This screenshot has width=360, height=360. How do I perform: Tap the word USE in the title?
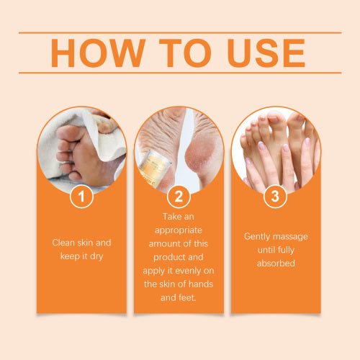(266, 53)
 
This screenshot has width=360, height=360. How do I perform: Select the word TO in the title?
(185, 53)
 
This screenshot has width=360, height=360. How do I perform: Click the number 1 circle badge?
(81, 197)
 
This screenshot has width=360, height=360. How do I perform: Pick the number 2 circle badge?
(179, 197)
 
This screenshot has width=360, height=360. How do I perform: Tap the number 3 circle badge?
(275, 197)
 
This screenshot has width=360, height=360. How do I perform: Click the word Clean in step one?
(63, 243)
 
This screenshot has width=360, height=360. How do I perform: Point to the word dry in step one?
(96, 256)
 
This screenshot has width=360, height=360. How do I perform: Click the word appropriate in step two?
(179, 230)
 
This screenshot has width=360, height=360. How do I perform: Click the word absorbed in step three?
(276, 264)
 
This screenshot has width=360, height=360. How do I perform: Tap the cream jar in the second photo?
(155, 168)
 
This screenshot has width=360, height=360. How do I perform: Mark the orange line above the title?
(180, 32)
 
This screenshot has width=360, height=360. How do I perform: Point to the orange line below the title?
(180, 73)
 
